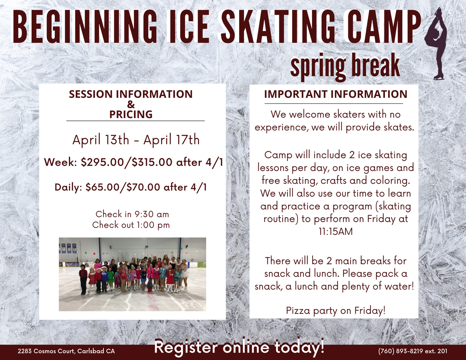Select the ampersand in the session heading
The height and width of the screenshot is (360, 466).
pos(131,104)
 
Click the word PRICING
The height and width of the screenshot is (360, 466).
pos(131,114)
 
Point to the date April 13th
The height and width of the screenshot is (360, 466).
pos(101,140)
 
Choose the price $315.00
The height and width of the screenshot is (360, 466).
pos(152,162)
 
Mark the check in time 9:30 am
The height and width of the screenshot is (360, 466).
pos(151,214)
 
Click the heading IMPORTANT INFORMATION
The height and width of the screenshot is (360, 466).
pos(336,94)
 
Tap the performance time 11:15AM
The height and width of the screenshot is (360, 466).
pos(336,232)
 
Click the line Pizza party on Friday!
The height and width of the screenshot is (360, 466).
pos(336,310)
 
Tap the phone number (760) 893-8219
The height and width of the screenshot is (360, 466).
pos(401,351)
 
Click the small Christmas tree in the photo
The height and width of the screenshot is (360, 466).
pos(150,286)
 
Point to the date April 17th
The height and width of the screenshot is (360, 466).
pos(172,140)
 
